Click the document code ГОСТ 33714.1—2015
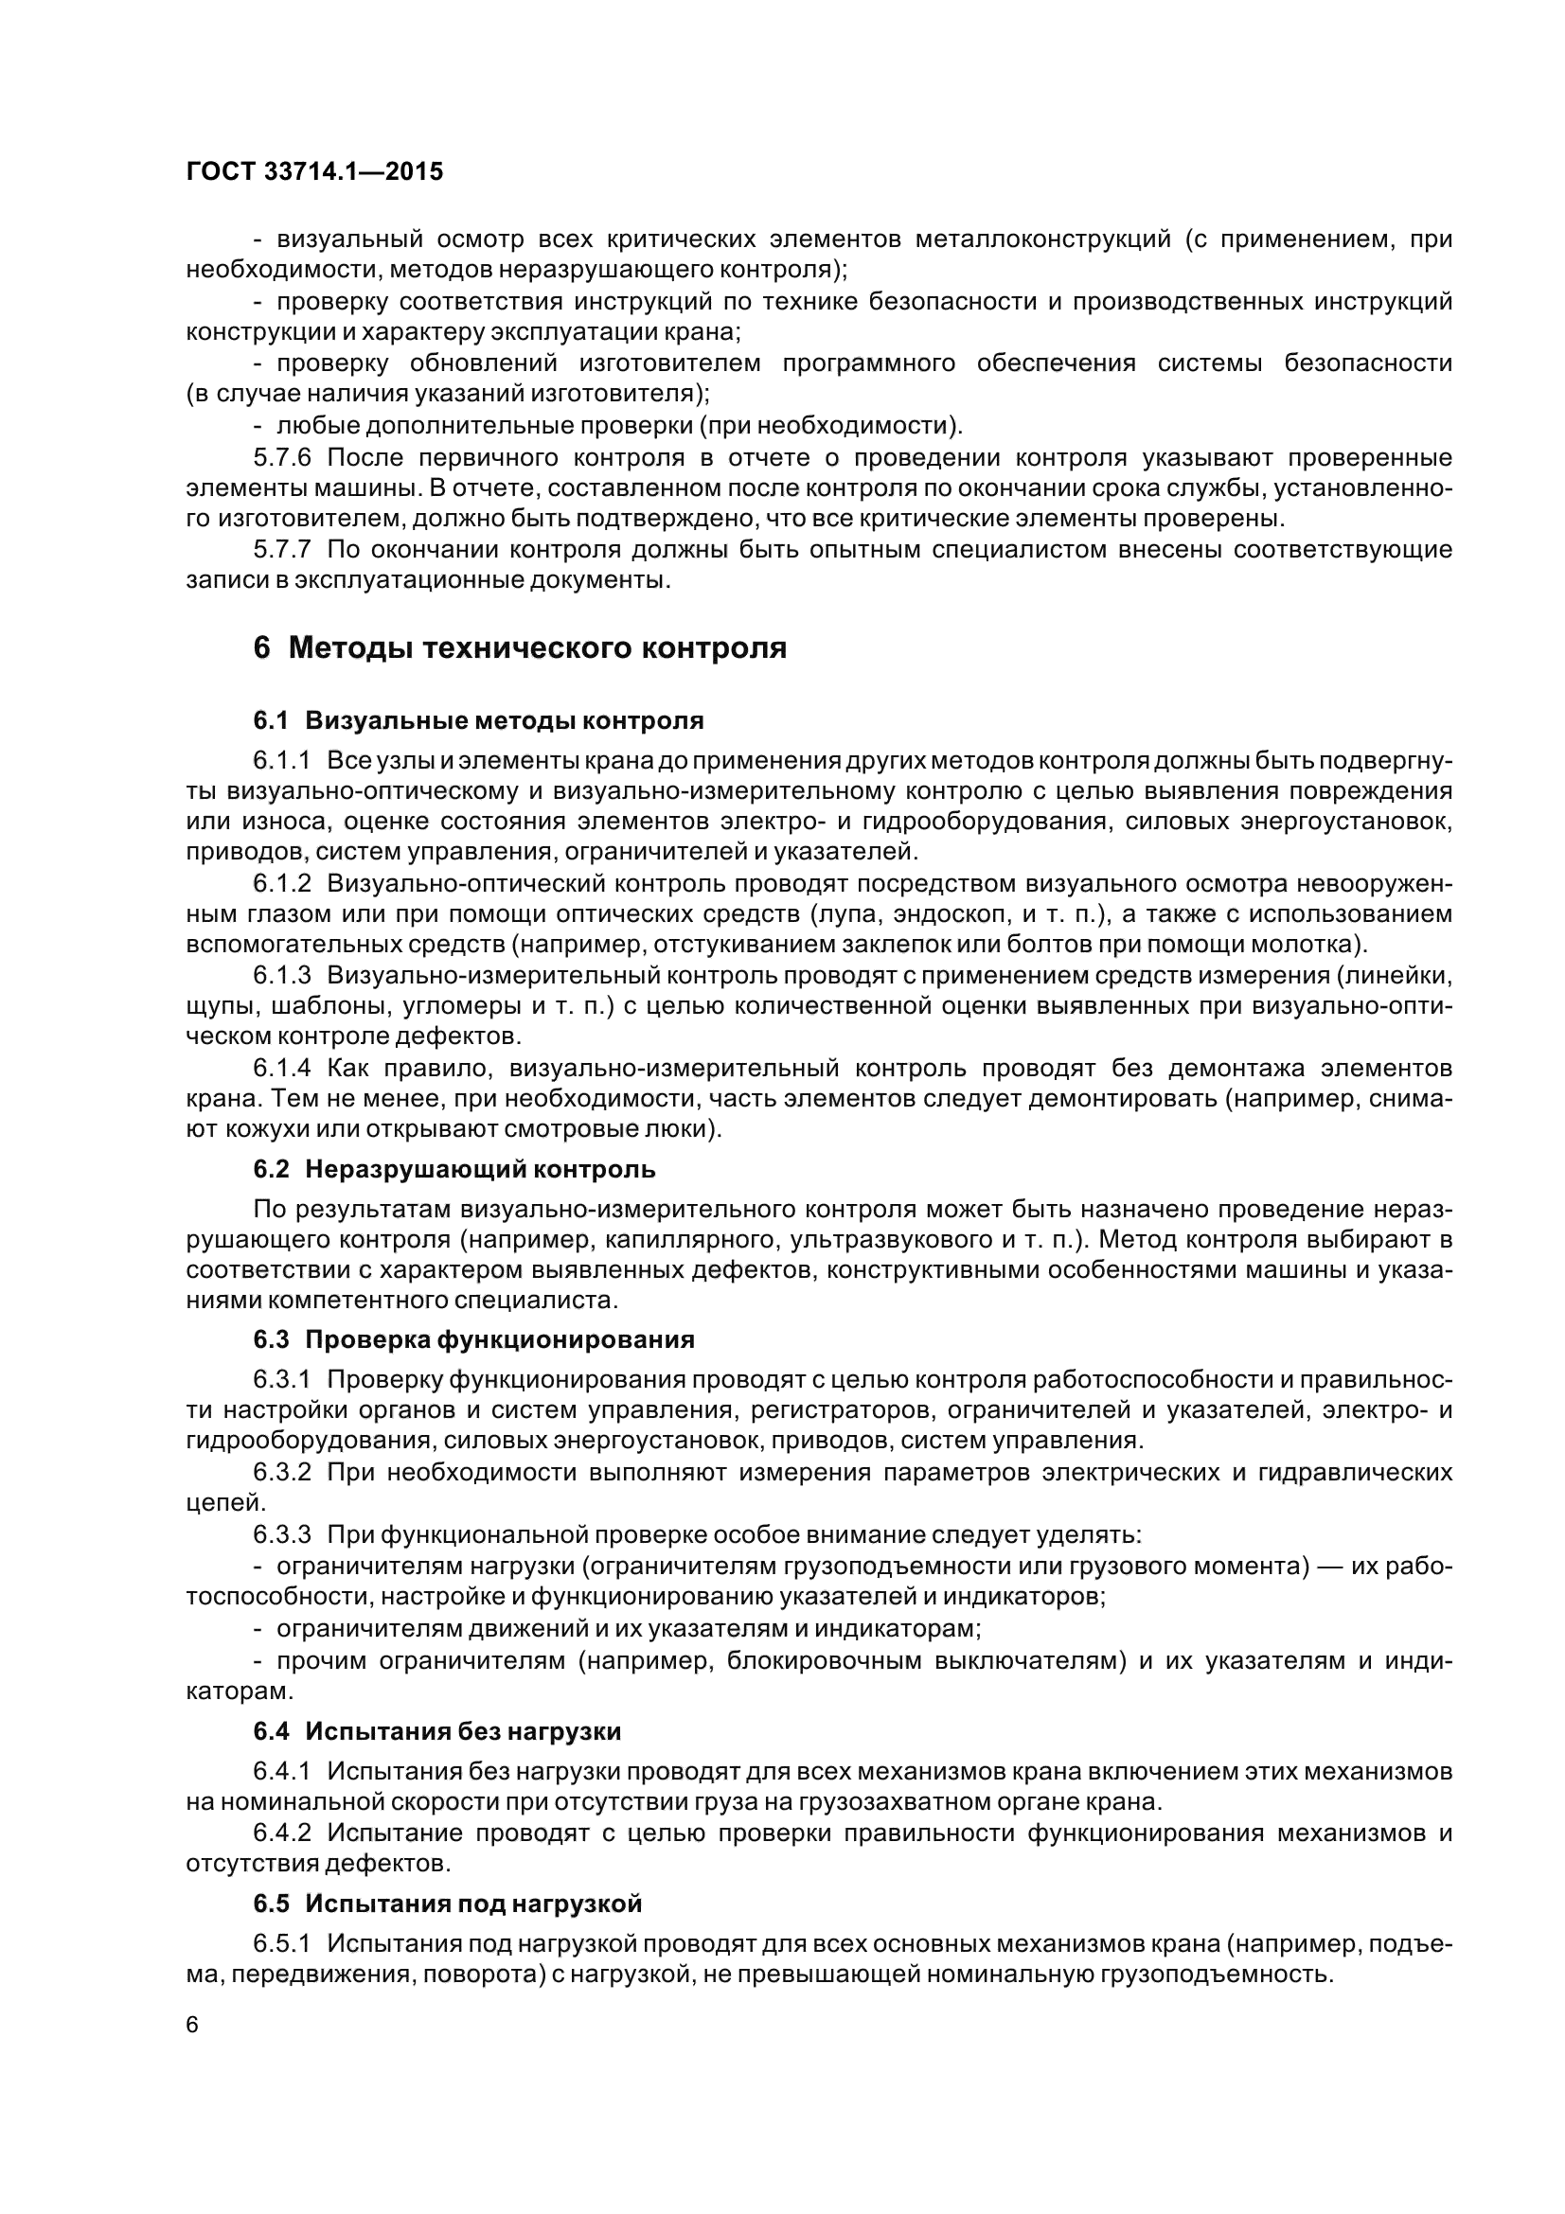point(314,171)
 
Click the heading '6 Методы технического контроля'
point(520,648)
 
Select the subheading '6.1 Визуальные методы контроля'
point(478,720)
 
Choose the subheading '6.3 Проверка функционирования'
point(473,1339)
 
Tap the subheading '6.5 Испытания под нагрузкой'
point(448,1904)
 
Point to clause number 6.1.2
point(282,883)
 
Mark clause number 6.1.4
point(282,1069)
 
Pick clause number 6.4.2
point(282,1833)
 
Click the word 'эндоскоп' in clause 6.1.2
point(947,914)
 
